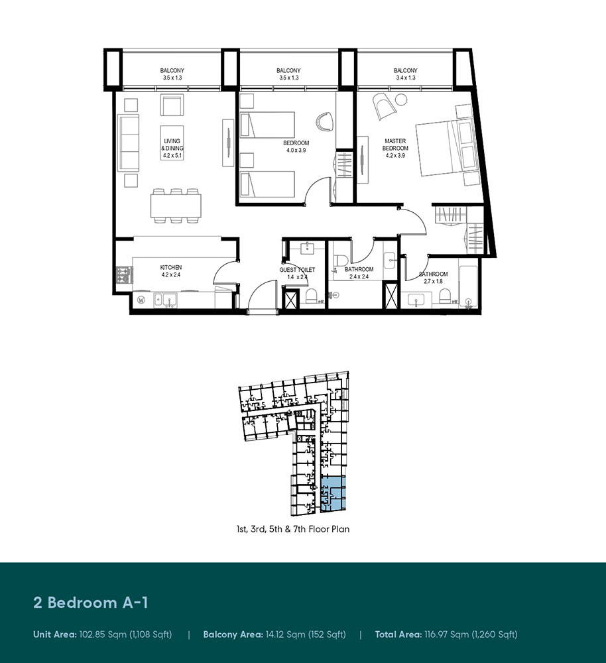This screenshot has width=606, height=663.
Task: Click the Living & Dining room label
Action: pyautogui.click(x=172, y=149)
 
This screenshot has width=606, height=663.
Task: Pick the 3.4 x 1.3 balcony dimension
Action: pyautogui.click(x=405, y=78)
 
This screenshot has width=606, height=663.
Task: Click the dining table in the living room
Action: pyautogui.click(x=176, y=206)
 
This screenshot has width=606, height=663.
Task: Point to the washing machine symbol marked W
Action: pyautogui.click(x=141, y=300)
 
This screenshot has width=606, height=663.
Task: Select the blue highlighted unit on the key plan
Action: pyautogui.click(x=333, y=493)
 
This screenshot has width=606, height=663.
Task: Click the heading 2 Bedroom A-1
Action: pyautogui.click(x=91, y=602)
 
